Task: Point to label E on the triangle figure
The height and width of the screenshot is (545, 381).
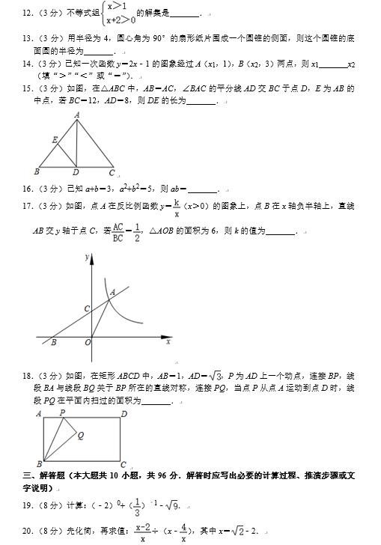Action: point(54,139)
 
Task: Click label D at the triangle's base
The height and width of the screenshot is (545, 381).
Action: point(76,172)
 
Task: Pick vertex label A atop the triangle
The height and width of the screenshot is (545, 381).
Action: point(77,115)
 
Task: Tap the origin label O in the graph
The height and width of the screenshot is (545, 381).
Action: point(87,342)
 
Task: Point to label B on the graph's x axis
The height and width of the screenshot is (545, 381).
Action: point(53,343)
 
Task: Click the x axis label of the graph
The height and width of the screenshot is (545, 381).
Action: point(168,341)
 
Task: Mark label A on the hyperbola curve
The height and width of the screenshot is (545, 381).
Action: point(112,292)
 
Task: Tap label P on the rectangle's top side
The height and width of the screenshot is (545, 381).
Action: point(62,412)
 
